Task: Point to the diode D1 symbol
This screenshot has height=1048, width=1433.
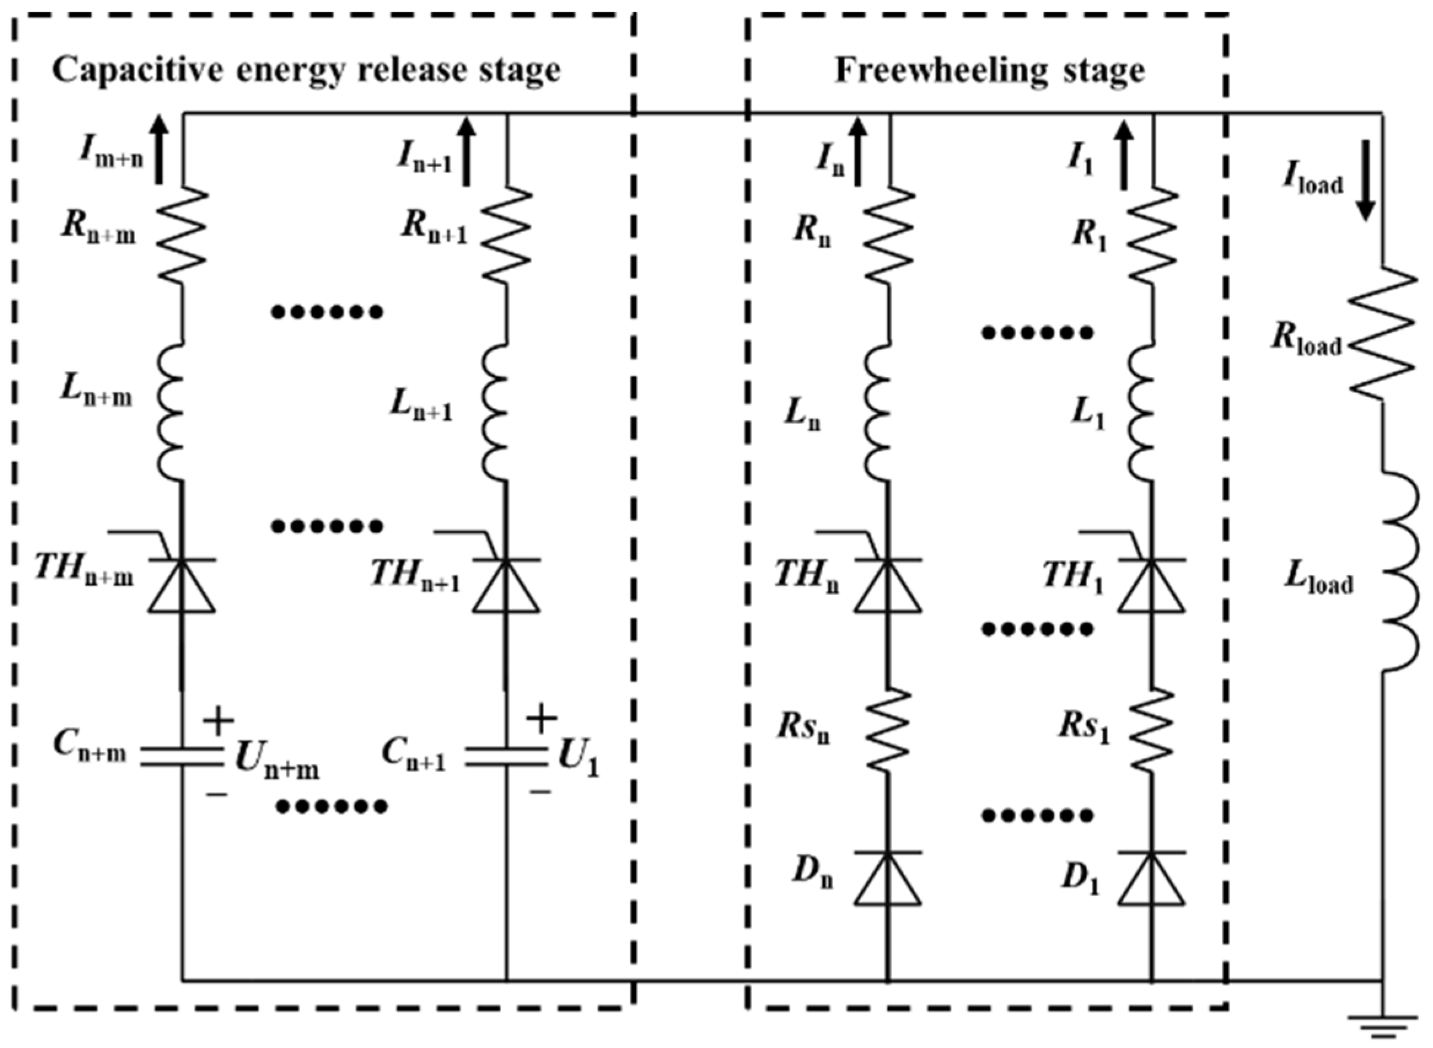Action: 1151,878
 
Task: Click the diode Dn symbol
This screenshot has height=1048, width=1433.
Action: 888,878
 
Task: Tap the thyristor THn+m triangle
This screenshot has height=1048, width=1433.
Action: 182,585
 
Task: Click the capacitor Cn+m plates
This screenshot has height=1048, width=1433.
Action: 182,756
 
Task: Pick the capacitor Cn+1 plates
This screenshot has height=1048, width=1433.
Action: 506,756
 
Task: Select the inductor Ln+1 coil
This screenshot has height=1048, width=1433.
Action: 496,412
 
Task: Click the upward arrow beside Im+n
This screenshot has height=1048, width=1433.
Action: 158,150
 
